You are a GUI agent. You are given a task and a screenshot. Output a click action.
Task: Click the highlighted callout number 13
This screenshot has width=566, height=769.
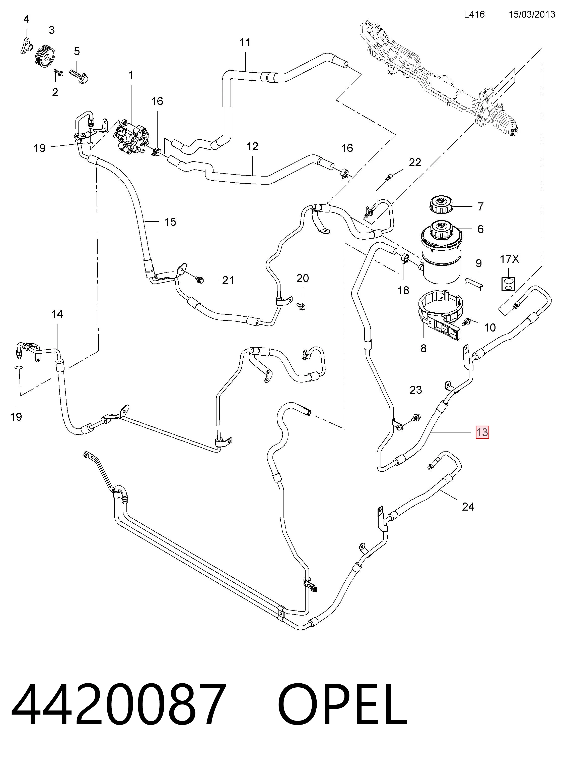point(482,432)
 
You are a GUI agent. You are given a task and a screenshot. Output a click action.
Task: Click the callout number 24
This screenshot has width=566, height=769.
point(468,506)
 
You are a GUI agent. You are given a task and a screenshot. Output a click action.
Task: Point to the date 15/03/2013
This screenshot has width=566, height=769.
point(532,14)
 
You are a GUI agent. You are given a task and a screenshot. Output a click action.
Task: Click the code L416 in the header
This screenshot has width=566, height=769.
point(474,14)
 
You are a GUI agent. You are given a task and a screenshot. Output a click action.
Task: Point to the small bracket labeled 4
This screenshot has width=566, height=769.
point(24,45)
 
